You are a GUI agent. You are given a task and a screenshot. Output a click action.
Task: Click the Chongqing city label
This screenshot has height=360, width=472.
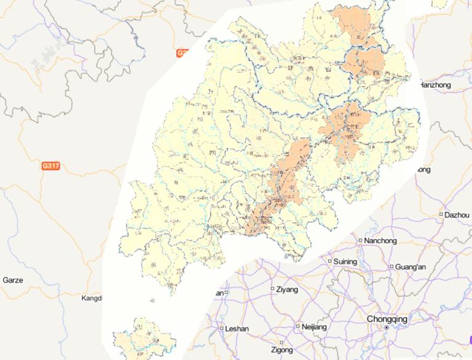pyautogui.click(x=387, y=319)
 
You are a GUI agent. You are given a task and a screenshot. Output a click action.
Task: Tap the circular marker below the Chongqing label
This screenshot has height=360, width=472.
pyautogui.click(x=386, y=329)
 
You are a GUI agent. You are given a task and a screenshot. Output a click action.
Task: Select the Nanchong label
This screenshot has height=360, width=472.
pyautogui.click(x=380, y=240)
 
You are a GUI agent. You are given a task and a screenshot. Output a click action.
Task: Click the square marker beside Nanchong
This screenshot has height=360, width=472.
pyautogui.click(x=360, y=240)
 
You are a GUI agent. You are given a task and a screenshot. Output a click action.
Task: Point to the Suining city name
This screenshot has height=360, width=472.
pyautogui.click(x=345, y=262)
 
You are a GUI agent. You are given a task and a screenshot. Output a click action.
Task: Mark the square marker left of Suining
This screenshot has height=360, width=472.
pyautogui.click(x=329, y=261)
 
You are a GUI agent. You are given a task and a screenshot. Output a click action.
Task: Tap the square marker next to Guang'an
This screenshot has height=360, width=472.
pyautogui.click(x=391, y=267)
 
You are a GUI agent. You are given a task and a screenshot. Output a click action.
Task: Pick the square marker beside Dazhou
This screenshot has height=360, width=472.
pyautogui.click(x=441, y=214)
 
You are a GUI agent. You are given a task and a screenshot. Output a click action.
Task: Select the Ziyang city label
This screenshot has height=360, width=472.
pyautogui.click(x=287, y=289)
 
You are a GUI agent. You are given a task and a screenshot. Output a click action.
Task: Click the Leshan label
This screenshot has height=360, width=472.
pyautogui.click(x=237, y=329)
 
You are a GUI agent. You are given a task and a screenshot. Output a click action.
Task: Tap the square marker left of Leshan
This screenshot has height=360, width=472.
pyautogui.click(x=221, y=328)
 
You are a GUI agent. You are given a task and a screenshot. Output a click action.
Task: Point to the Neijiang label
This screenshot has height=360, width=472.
pyautogui.click(x=315, y=327)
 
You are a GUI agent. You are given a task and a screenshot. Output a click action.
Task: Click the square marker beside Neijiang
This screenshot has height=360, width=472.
pyautogui.click(x=298, y=326)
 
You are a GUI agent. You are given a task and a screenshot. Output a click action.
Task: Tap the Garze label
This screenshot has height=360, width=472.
pyautogui.click(x=13, y=280)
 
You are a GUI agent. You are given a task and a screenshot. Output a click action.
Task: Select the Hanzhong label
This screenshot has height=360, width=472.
pyautogui.click(x=435, y=85)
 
